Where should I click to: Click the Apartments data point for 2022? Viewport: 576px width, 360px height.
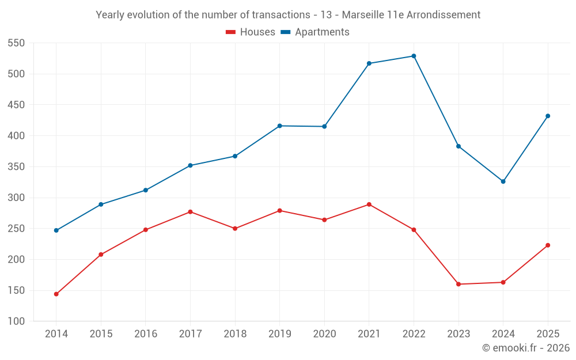414,56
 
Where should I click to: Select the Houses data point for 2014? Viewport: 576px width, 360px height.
56,294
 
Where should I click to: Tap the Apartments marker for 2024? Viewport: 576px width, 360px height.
503,181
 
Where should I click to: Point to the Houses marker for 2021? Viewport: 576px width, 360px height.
369,204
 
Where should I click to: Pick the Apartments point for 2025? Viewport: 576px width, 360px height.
548,116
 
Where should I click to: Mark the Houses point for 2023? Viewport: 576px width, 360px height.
458,284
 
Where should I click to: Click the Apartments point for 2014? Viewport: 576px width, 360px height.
56,230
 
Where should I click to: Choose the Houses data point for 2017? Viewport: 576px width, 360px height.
190,211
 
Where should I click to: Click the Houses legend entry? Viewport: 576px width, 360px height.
251,32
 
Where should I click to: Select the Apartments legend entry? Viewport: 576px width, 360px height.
315,32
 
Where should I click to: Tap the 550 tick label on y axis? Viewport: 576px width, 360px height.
16,43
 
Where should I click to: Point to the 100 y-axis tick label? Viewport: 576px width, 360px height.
16,321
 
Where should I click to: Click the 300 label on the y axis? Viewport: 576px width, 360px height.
16,198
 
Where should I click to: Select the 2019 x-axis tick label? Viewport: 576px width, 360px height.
279,334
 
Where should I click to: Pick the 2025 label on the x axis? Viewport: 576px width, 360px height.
548,334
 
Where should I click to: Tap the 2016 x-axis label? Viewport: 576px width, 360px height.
146,334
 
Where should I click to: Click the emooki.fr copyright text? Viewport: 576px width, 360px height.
526,347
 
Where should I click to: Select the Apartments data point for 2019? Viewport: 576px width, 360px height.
279,126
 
